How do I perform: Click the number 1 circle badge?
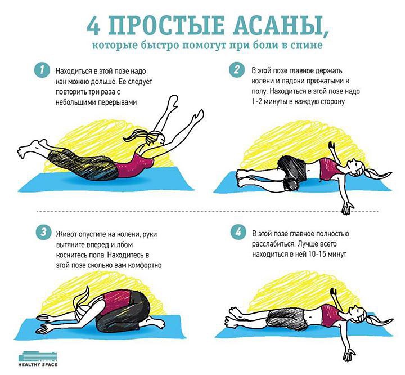pos(42,70)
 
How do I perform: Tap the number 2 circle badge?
pos(237,70)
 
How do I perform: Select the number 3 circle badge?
pos(44,232)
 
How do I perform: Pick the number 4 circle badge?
pos(238,232)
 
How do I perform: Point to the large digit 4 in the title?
pos(93,25)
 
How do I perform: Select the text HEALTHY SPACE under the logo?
pos(38,365)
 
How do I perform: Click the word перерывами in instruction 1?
pos(118,102)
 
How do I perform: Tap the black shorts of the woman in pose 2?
pos(292,171)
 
